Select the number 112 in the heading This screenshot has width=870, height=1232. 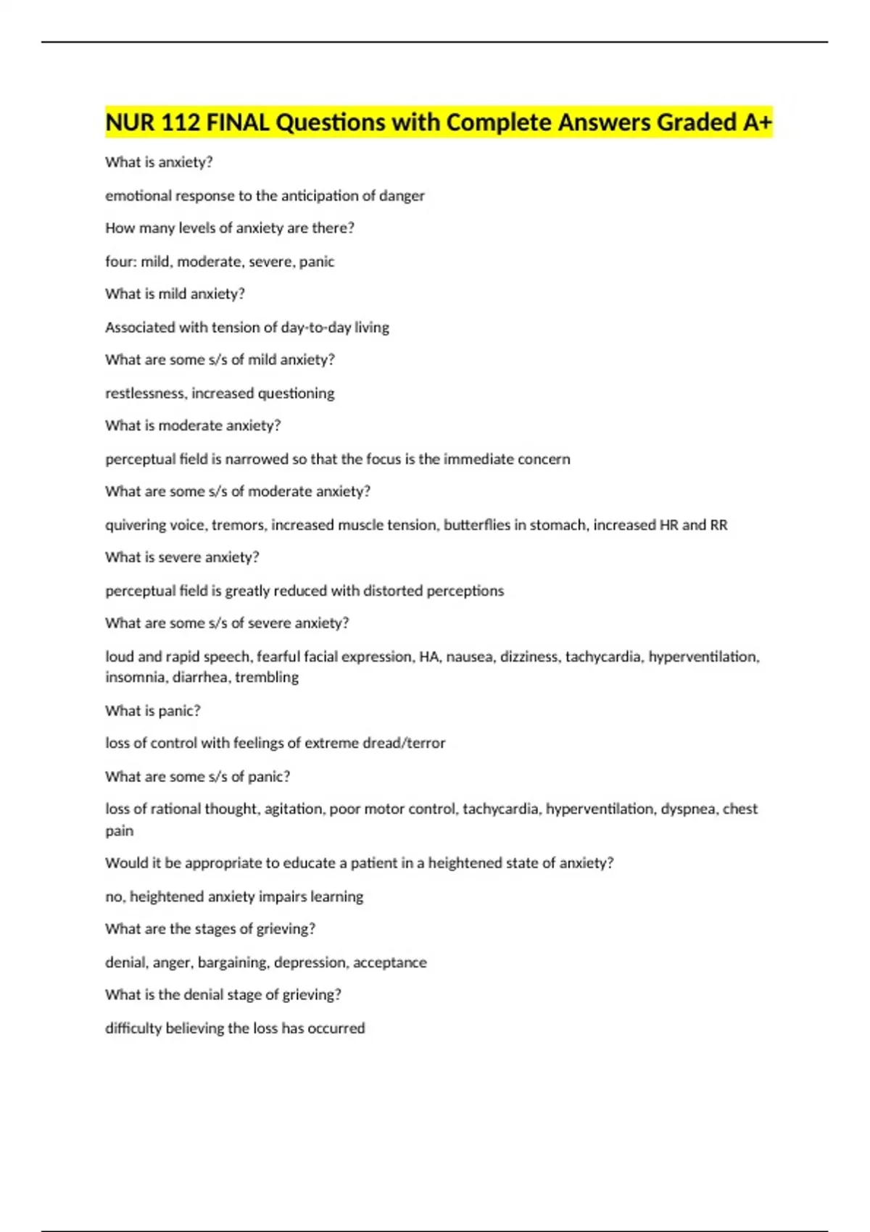180,122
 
